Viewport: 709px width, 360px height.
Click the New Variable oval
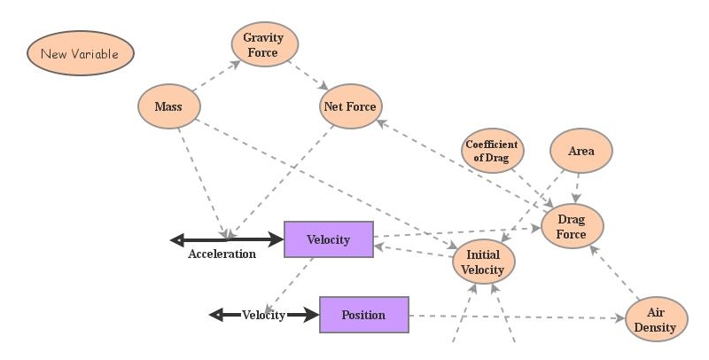[80, 53]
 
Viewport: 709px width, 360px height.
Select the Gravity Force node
[264, 44]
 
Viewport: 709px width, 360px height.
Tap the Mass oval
[168, 107]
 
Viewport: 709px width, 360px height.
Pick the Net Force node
[349, 107]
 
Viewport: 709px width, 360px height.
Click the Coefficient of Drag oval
[492, 151]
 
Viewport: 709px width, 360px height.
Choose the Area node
[581, 151]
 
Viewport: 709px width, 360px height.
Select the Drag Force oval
[572, 225]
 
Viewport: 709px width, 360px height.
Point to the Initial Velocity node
[483, 262]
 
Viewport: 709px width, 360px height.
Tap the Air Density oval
[656, 319]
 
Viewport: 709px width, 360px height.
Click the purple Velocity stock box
[328, 239]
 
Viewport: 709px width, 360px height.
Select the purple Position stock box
[363, 315]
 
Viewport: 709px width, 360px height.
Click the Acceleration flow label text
[222, 254]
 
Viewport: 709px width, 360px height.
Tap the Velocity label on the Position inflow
[263, 315]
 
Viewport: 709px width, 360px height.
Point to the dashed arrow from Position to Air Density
[514, 317]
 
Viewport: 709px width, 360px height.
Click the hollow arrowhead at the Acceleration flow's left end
[177, 239]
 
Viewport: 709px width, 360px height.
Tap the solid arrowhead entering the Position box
[310, 315]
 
